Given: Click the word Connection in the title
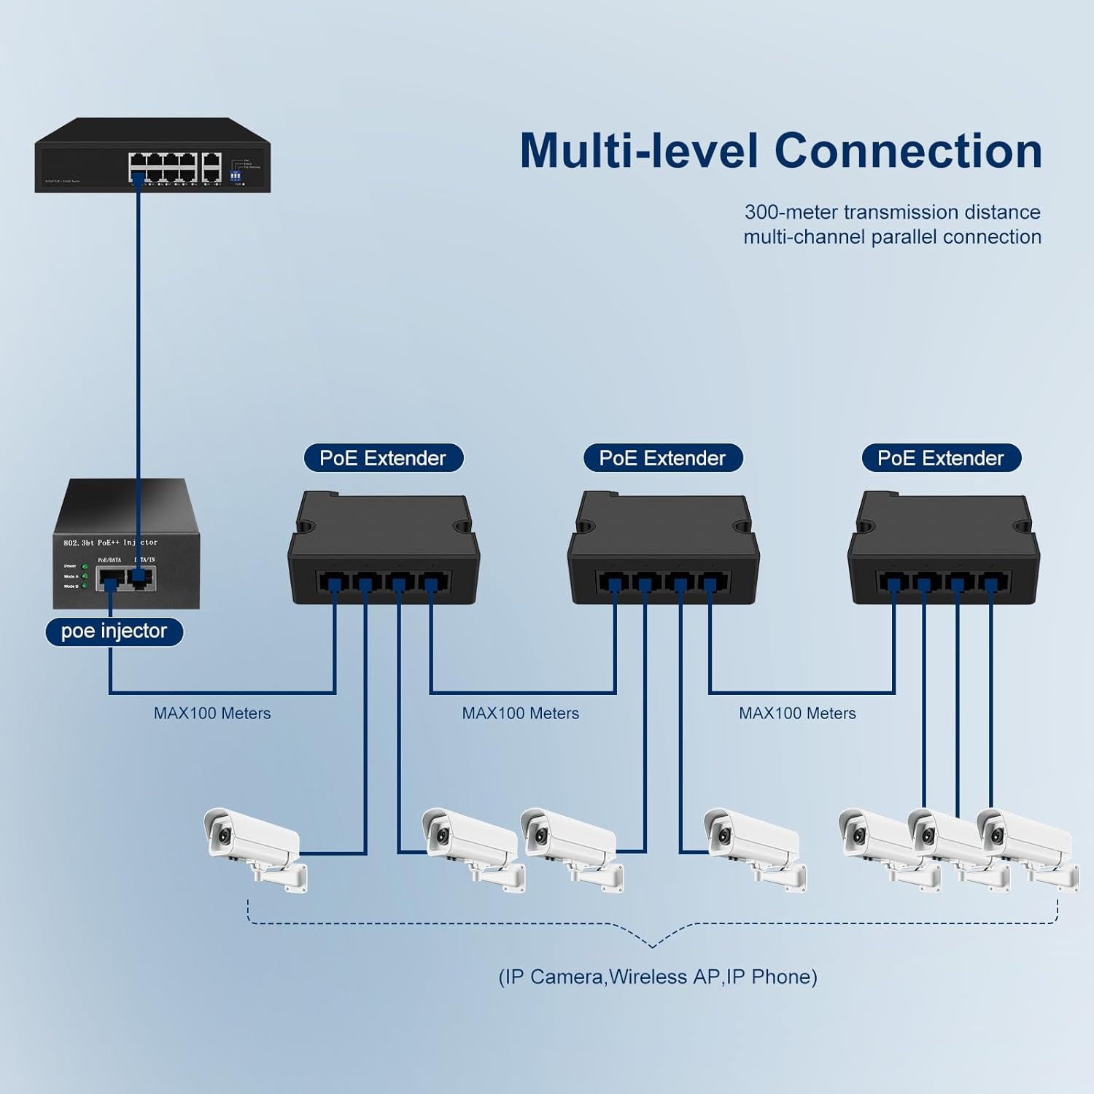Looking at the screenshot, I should tap(907, 151).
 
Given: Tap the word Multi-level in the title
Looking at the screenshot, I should tap(640, 151).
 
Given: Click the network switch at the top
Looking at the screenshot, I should tap(152, 157).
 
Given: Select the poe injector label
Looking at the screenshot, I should tap(114, 632).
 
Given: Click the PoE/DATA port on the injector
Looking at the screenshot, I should tap(110, 580).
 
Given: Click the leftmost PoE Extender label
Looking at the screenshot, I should tap(383, 458).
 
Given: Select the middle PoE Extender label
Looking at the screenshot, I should tap(662, 458).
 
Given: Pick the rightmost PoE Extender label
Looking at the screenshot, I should tap(941, 458).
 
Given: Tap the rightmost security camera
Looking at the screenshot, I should tap(1027, 846).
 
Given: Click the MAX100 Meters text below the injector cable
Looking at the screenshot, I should tap(212, 713).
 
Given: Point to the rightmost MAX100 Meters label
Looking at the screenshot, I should tap(797, 713).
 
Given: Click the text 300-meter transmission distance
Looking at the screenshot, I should tap(892, 212).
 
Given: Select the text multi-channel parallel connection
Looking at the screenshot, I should tap(892, 237).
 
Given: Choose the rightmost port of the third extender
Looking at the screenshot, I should tap(990, 583).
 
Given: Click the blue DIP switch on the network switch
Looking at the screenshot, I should tap(236, 176).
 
